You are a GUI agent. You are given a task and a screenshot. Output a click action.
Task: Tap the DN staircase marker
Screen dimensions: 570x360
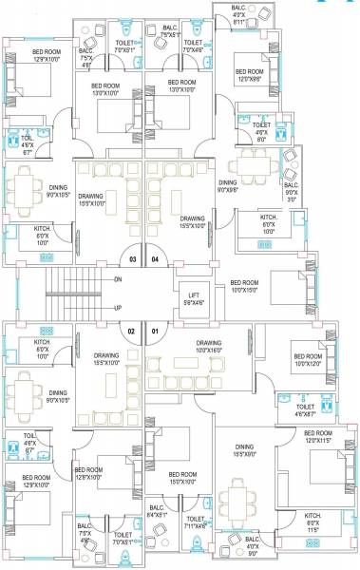click(118, 280)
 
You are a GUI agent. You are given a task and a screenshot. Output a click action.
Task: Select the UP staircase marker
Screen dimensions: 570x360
click(118, 307)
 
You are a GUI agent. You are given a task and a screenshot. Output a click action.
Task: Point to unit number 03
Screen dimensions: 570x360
click(133, 258)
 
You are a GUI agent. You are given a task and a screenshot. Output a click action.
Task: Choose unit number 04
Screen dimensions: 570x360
click(156, 258)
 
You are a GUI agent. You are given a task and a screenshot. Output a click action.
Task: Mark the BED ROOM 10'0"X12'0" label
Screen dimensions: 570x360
click(309, 360)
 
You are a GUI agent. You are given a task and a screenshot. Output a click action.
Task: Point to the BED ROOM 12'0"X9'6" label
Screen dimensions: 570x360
click(250, 75)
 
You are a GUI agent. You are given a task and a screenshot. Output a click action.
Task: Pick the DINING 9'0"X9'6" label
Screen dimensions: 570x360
click(228, 185)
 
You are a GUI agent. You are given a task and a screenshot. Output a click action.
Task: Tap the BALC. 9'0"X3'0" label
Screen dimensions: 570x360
click(291, 192)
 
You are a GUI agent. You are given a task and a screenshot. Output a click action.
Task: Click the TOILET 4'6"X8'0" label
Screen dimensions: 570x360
click(262, 128)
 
